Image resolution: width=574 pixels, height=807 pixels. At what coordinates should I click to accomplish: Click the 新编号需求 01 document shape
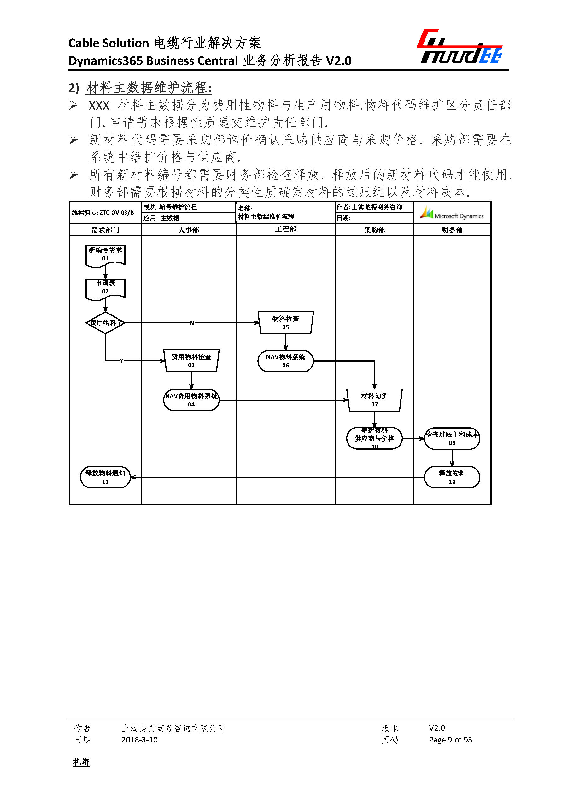click(x=105, y=255)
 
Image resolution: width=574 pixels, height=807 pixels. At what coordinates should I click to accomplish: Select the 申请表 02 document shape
click(x=105, y=288)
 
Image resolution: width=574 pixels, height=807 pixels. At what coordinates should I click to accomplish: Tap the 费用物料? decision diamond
click(x=105, y=322)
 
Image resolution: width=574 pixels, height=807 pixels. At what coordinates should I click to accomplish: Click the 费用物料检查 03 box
click(x=191, y=360)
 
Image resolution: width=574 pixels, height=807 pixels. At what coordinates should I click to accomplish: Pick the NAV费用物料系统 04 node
click(x=191, y=400)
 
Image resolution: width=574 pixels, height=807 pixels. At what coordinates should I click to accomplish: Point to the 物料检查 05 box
click(x=286, y=322)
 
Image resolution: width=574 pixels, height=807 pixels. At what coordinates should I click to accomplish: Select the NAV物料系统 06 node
click(x=286, y=361)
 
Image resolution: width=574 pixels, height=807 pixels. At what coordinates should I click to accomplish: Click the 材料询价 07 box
click(x=374, y=400)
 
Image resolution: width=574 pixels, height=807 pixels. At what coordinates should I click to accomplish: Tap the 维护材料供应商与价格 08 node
click(x=374, y=438)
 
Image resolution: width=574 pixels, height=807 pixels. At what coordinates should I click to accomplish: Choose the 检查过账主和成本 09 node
click(x=452, y=438)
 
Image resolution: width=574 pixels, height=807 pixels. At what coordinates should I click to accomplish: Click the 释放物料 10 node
click(x=452, y=477)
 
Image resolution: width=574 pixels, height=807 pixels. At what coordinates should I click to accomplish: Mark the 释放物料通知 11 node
click(x=105, y=477)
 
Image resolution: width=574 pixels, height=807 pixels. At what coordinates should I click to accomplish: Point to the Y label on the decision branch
click(x=122, y=360)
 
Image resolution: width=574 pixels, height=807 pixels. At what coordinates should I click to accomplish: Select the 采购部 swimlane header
click(x=374, y=230)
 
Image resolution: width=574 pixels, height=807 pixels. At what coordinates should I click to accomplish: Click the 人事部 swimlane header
click(x=188, y=230)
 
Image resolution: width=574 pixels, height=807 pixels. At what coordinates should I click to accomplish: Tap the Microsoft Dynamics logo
click(x=452, y=213)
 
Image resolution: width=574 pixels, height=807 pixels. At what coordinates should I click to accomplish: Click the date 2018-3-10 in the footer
click(x=139, y=740)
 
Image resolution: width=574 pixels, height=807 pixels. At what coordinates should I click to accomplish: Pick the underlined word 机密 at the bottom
click(x=81, y=762)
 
